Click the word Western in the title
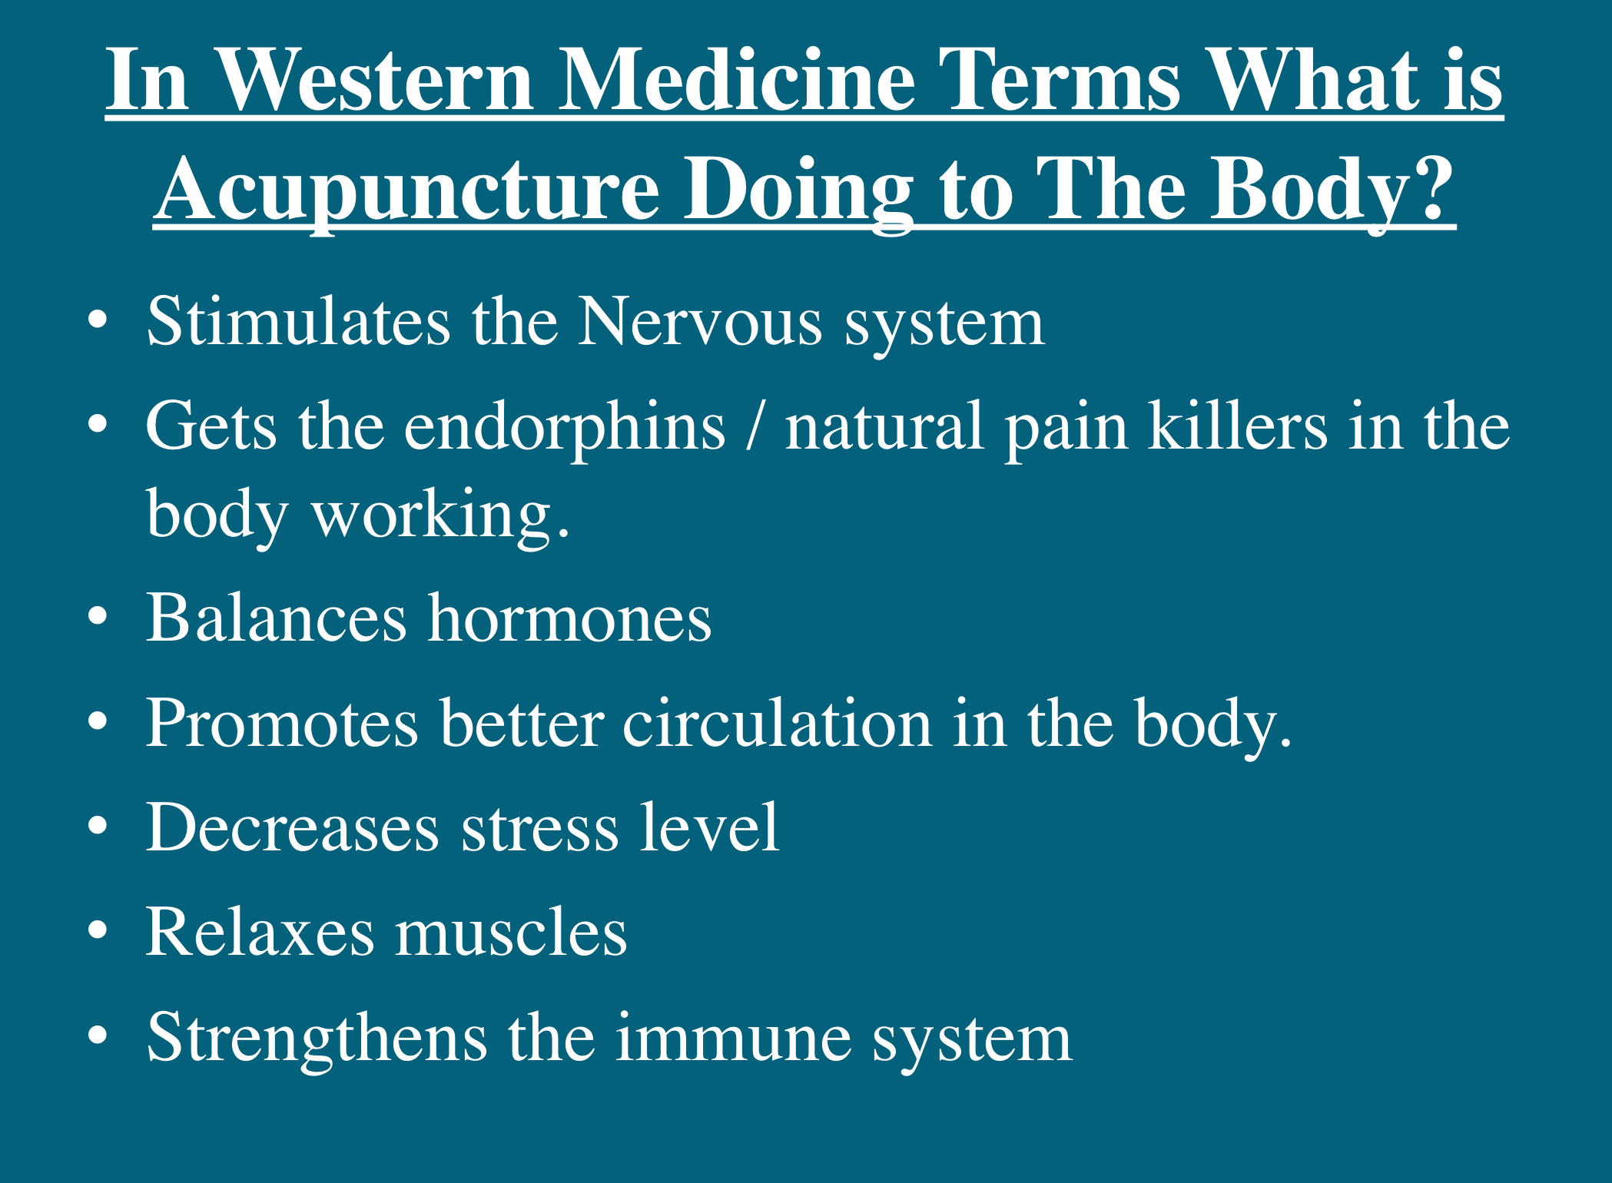coord(375,79)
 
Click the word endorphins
coord(565,427)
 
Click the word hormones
coord(569,618)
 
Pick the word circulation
coord(777,724)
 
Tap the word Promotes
coord(282,724)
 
